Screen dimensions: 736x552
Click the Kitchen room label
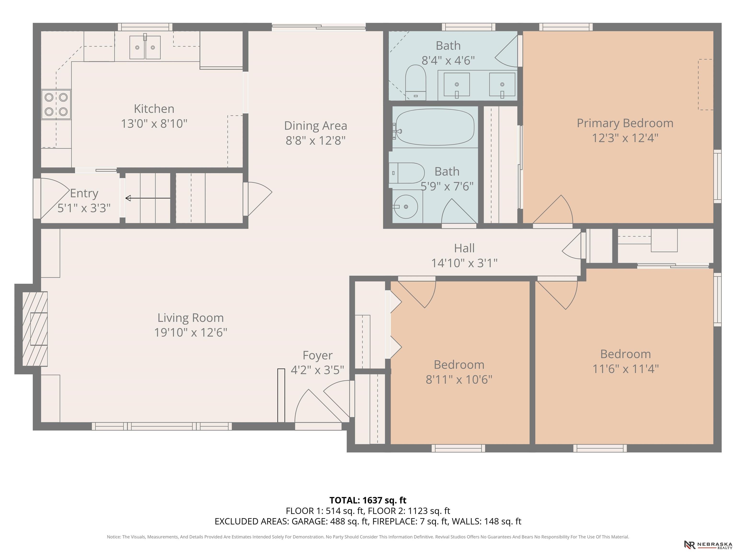pos(154,109)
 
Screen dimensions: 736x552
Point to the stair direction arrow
pos(148,198)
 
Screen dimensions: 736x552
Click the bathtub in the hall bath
pos(435,127)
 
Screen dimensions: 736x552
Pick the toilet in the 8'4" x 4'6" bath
pos(416,82)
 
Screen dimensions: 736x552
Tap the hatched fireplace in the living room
pos(35,329)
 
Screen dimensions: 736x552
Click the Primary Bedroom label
pos(625,123)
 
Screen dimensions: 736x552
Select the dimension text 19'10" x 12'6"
pos(191,332)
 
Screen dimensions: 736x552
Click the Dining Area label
pos(316,126)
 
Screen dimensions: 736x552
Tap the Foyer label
pos(317,355)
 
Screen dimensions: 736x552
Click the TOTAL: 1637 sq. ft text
pos(368,500)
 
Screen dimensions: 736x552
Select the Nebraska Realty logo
pos(708,545)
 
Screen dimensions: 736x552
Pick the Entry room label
pos(84,193)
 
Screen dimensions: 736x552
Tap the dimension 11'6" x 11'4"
pos(626,369)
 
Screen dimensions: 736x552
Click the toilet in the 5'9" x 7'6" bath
pos(407,173)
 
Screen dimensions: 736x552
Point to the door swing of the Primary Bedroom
pos(553,210)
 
